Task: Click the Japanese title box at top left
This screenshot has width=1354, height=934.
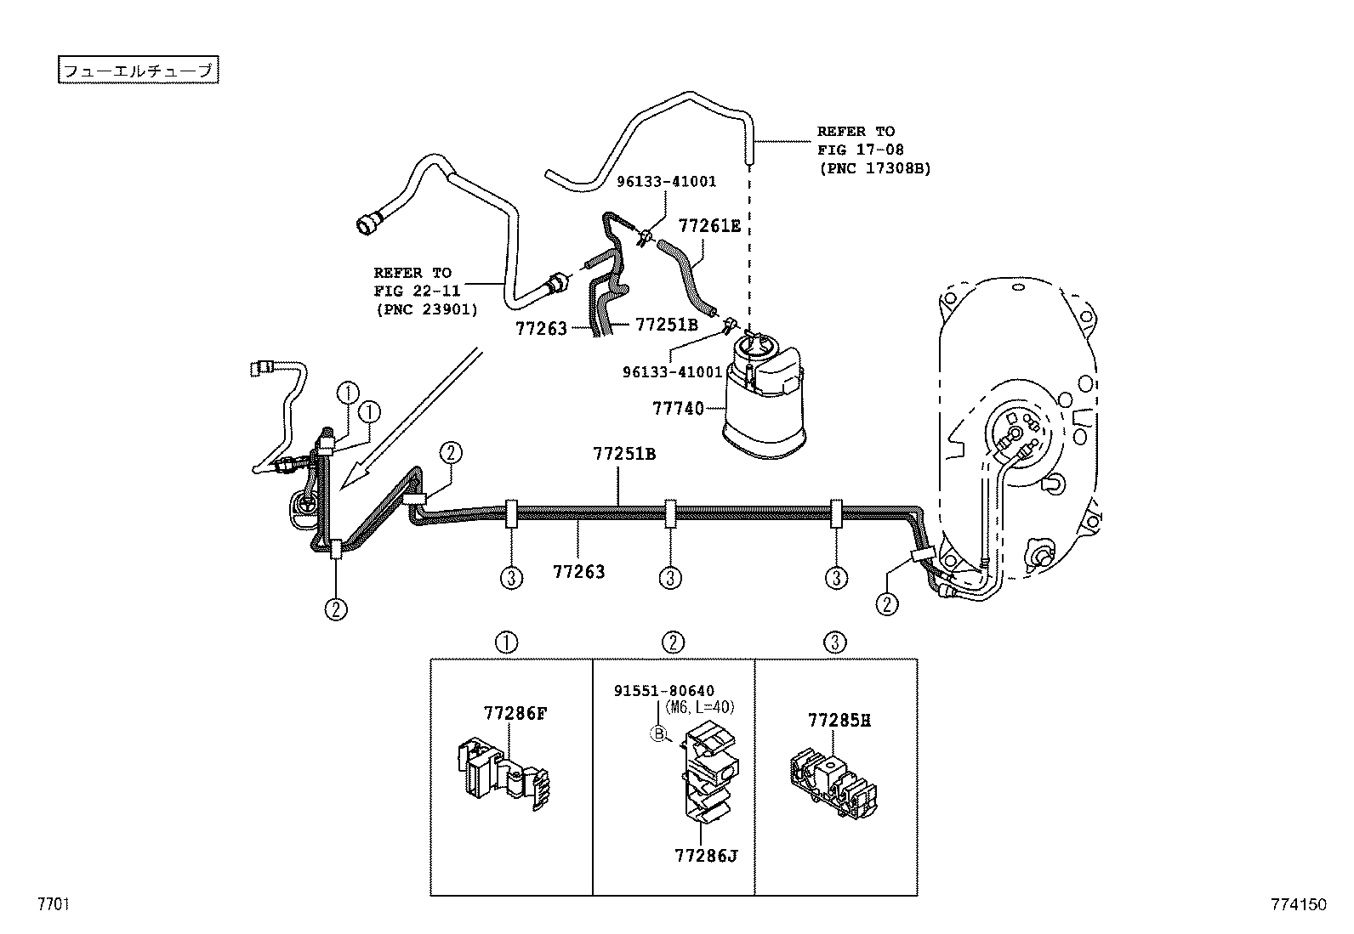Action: coord(139,71)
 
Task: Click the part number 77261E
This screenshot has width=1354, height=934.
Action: coord(709,225)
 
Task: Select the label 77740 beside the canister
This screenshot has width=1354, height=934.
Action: coord(678,409)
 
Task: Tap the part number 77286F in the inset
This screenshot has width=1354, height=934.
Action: coord(515,714)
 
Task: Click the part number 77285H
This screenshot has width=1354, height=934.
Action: coord(839,721)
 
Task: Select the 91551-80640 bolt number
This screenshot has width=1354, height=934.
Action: coord(664,691)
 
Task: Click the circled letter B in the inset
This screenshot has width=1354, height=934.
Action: coord(657,734)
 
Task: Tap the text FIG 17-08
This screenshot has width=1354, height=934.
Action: coord(860,150)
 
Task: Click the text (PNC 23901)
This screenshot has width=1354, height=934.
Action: coord(426,309)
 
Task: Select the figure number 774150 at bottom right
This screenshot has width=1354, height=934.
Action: coord(1299,905)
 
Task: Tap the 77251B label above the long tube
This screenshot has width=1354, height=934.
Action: coord(624,454)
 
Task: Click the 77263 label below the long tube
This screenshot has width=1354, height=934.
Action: coord(579,571)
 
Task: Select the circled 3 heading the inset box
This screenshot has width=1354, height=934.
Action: coord(835,642)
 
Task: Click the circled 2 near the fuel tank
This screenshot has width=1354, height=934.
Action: coord(887,603)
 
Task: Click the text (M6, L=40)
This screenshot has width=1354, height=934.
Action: coord(699,707)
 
